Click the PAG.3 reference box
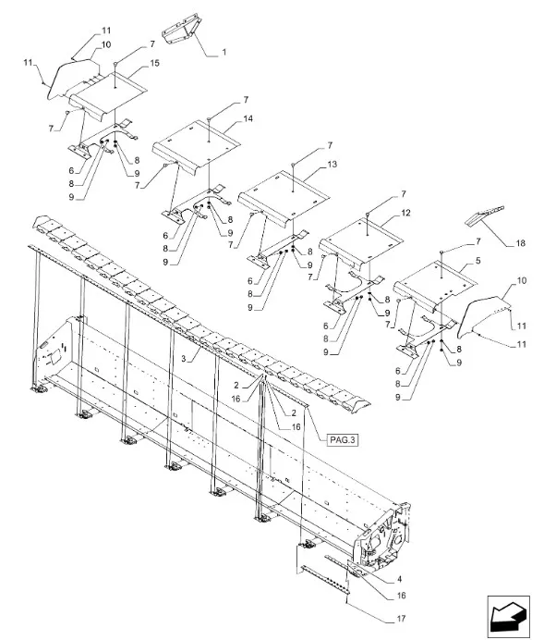(343, 440)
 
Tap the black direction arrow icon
(508, 616)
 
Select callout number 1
(224, 52)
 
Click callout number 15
(154, 63)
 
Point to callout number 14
(248, 118)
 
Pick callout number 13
(332, 164)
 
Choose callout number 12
(405, 213)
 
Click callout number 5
(478, 261)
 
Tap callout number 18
(520, 243)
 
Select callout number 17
(401, 619)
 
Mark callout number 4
(399, 579)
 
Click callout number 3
(184, 359)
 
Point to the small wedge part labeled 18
(485, 215)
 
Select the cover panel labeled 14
(196, 147)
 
